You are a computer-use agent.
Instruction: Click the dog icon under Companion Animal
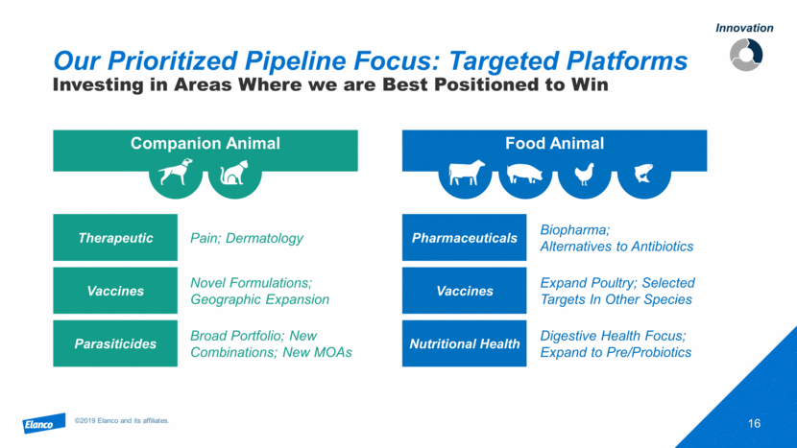[176, 172]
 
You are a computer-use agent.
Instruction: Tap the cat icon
[233, 172]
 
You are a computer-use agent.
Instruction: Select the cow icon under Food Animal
[466, 173]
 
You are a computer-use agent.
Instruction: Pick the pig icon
[524, 174]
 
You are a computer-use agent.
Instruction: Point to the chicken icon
[584, 174]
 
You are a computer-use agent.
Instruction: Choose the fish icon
[643, 173]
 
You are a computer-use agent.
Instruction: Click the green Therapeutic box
[115, 237]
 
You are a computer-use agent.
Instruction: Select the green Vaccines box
[115, 291]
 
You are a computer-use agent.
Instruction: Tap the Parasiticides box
[115, 343]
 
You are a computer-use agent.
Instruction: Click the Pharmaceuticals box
[464, 237]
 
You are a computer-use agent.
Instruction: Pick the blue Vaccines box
[464, 291]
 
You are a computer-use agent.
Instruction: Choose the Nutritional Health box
[464, 343]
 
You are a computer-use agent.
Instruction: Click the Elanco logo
[44, 423]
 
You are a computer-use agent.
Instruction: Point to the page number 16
[755, 423]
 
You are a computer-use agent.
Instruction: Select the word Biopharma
[574, 230]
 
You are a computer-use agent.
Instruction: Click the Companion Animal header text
[205, 143]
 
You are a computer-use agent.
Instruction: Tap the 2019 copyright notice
[122, 420]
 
